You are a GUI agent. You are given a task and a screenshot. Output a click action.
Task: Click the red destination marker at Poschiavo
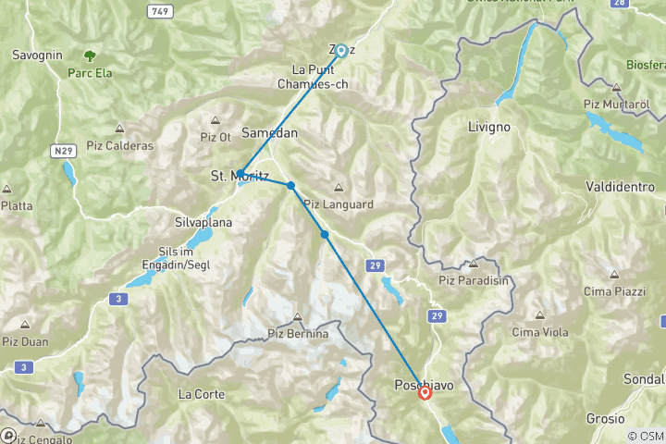point(425,392)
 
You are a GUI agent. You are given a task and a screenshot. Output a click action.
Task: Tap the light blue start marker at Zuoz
point(341,51)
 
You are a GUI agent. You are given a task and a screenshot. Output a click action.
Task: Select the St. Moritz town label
point(240,176)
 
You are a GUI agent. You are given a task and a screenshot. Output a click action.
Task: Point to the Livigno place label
point(489,125)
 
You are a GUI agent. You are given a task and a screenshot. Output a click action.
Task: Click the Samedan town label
point(270,132)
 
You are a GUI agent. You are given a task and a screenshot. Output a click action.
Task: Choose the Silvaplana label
point(203,223)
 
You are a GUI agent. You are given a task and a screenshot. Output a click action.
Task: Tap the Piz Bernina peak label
point(297,334)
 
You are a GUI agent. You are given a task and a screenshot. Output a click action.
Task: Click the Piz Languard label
point(337,203)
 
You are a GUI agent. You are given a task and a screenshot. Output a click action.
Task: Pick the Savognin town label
point(37,55)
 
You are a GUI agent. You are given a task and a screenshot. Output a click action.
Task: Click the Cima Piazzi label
point(614,292)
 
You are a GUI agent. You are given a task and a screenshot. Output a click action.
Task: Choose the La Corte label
point(202,394)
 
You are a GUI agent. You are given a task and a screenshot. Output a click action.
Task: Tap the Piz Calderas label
point(120,145)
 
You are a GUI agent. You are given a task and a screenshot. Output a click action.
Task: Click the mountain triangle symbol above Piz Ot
point(216,119)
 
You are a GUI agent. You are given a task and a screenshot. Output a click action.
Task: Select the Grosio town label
point(605,418)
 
